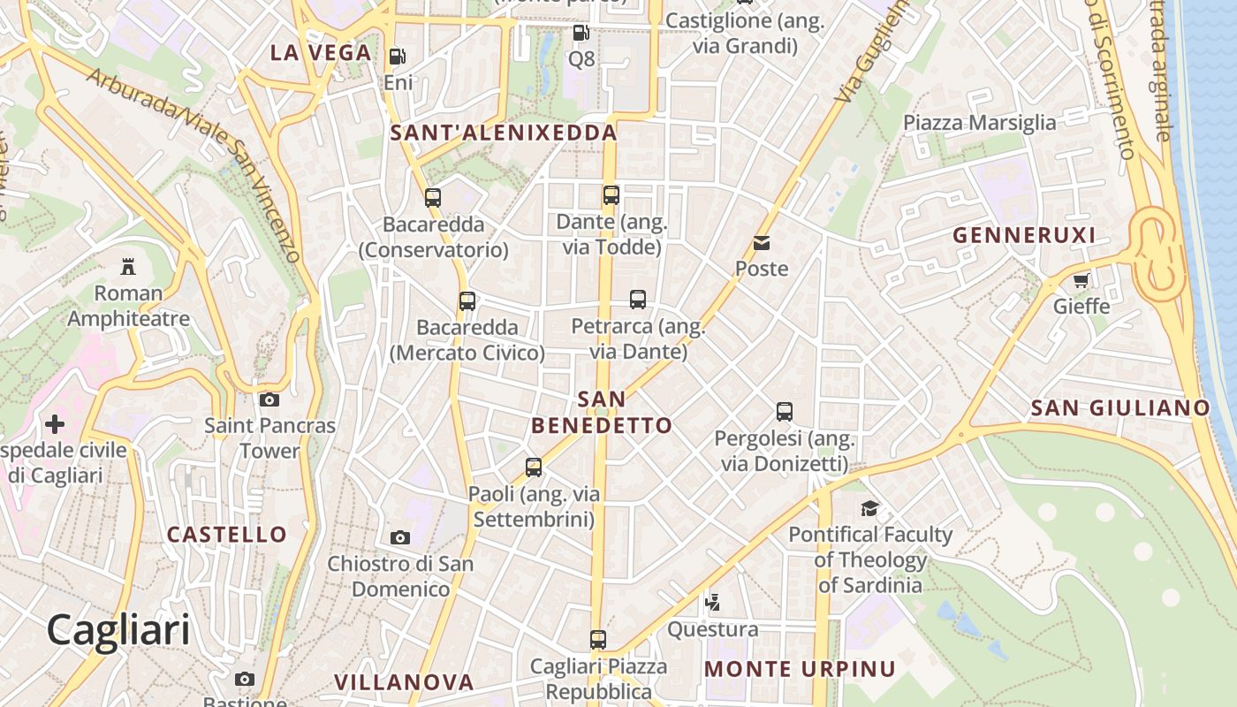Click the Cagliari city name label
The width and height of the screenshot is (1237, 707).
coord(118,630)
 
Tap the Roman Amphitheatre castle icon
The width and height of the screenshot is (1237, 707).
coord(128,265)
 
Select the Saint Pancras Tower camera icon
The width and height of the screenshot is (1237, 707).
coord(269,399)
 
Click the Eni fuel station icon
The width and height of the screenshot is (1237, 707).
coord(398,57)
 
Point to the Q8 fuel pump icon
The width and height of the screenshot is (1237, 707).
coord(581,33)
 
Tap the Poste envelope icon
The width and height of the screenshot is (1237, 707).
coord(762,242)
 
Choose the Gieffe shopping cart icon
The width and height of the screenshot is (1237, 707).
coord(1081,281)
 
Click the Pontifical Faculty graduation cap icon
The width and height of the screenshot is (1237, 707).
coord(870,508)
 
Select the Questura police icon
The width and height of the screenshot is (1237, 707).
coord(712,603)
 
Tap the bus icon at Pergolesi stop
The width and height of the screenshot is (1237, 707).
coord(785,411)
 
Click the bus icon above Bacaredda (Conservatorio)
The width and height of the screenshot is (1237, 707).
coord(433,197)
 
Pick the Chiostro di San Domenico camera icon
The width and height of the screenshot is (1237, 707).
coord(400,537)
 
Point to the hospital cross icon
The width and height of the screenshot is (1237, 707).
coord(55,424)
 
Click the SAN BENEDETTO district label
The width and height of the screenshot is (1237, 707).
coord(602,413)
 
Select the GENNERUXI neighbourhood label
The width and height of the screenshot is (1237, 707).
coord(1025,235)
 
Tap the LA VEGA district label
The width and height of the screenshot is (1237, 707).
coord(321,53)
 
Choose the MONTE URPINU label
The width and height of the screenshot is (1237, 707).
coord(800,669)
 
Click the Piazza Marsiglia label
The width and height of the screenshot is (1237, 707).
coord(979,123)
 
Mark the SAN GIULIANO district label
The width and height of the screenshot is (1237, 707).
coord(1119,407)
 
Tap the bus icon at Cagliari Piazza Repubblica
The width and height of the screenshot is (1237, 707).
coord(598,639)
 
